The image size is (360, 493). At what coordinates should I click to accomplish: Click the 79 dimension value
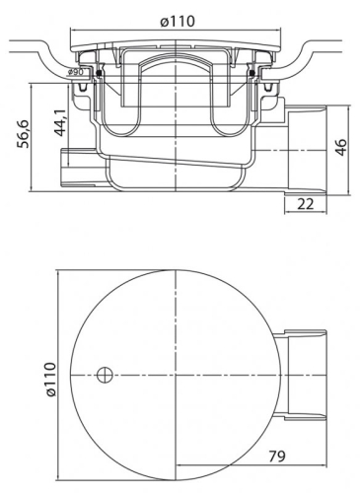[x=278, y=457]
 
